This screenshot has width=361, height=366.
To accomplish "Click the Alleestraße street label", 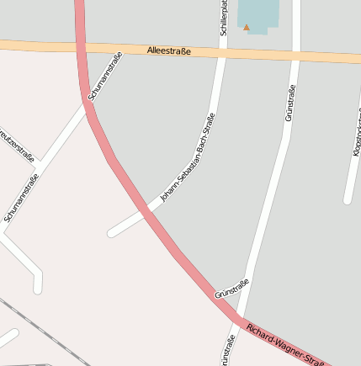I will (x=169, y=51).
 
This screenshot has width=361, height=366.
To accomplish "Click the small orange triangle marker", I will (x=247, y=27).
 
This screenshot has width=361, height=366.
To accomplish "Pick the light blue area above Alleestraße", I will (x=257, y=14).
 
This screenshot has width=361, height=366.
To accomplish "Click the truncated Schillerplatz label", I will (x=224, y=19).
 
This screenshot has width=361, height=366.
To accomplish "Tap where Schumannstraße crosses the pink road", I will (x=89, y=103).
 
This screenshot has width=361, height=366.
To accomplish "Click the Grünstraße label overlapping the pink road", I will (x=231, y=289).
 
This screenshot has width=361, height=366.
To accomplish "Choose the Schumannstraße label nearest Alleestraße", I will (x=105, y=77).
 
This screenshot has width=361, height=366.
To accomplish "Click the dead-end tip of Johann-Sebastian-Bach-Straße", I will (x=112, y=232).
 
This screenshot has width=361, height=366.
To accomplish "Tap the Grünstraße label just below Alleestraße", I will (x=289, y=103).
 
